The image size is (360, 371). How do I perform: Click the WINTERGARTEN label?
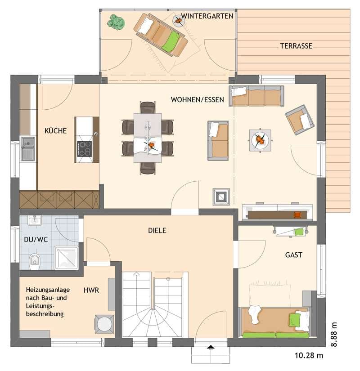tap(207, 16)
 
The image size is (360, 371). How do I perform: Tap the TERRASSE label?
tap(296, 46)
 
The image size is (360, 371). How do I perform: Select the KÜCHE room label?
tap(56, 130)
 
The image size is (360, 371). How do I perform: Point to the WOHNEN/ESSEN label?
tap(197, 100)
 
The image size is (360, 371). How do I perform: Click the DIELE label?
tap(157, 230)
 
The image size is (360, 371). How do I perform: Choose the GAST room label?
tap(294, 255)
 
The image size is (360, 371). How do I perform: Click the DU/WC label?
tap(36, 240)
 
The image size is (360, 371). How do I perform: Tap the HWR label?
tap(91, 290)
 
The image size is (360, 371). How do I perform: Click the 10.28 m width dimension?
tap(309, 355)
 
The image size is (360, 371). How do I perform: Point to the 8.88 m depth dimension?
tap(333, 335)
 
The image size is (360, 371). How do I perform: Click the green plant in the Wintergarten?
tap(116, 22)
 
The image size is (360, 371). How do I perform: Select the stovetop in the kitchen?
tap(84, 149)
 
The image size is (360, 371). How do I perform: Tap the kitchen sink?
tap(28, 148)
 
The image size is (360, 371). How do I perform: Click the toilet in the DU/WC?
tap(35, 261)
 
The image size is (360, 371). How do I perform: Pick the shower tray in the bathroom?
tap(66, 258)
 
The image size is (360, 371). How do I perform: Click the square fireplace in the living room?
tap(221, 197)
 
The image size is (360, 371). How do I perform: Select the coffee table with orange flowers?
tap(260, 140)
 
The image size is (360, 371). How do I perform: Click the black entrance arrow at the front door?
tap(211, 347)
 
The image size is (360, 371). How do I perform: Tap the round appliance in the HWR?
tap(104, 324)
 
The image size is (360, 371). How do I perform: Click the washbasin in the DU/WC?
tap(35, 220)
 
